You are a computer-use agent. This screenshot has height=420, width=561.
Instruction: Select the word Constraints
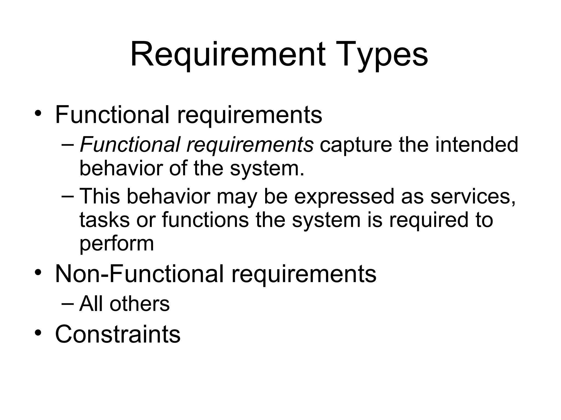tap(118, 334)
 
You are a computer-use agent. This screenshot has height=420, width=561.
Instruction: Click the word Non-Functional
tap(139, 274)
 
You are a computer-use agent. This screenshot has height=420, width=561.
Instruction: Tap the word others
tap(139, 304)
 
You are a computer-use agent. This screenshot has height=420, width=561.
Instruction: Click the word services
tap(473, 196)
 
